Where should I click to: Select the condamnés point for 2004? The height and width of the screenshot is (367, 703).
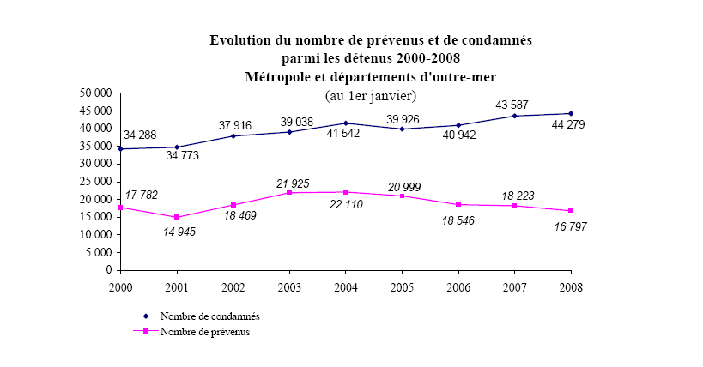tap(346, 123)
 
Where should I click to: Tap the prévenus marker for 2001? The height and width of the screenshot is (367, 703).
tap(177, 217)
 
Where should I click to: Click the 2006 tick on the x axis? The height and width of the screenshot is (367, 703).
tap(459, 286)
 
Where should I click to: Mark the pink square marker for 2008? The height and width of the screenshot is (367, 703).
tap(572, 211)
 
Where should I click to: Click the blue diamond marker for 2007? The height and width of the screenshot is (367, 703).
tap(515, 116)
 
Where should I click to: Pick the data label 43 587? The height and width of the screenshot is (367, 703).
tap(515, 105)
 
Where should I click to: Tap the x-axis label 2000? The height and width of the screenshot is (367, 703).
tap(120, 286)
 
